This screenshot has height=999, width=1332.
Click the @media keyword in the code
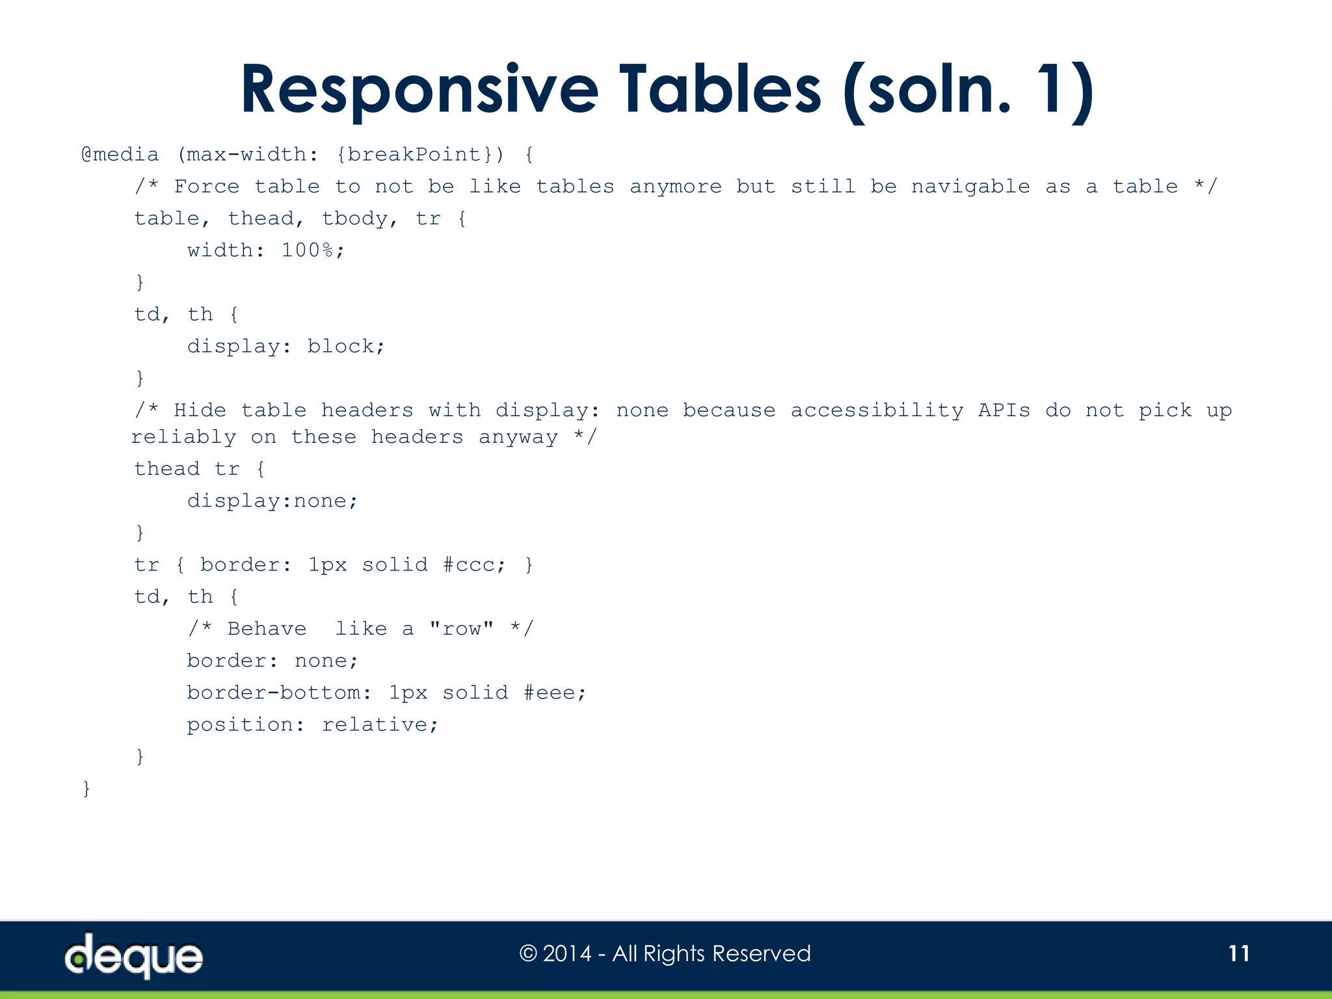[120, 155]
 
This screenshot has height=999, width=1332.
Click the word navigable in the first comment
[970, 187]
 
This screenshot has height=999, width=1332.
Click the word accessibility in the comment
[877, 410]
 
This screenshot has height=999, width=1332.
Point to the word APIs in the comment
[1004, 410]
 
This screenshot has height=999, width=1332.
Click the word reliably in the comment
[184, 437]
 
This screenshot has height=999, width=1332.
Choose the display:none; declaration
[273, 501]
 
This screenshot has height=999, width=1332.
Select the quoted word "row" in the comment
[461, 629]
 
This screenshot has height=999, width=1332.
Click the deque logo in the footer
[134, 955]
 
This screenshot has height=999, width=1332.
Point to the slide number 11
[1238, 953]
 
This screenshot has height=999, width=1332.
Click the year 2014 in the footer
[567, 953]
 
